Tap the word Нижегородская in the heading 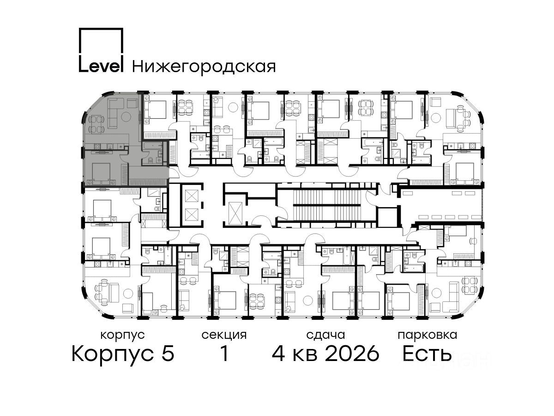[x=204, y=67]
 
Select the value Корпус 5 [x=123, y=354]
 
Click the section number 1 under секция [x=224, y=353]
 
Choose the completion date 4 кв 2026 [x=325, y=353]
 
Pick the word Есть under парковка [x=427, y=354]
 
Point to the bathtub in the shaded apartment [x=152, y=146]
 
